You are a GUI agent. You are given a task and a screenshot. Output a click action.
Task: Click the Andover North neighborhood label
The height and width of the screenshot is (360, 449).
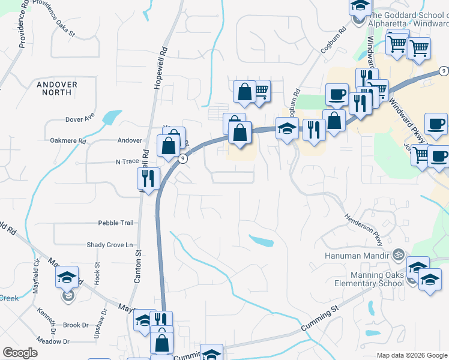(57, 89)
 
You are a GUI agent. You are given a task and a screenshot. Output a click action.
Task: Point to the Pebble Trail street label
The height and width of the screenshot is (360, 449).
(116, 223)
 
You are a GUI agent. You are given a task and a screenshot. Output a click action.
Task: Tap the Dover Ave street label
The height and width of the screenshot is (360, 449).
(80, 119)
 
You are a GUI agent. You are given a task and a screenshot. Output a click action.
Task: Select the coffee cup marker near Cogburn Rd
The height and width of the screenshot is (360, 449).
(336, 94)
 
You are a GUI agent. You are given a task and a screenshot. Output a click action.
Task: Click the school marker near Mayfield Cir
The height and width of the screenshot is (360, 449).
(67, 277)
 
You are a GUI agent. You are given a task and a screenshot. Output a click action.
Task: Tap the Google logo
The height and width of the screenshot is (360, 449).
(20, 353)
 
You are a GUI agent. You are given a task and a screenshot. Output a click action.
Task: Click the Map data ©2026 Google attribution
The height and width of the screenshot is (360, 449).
(411, 355)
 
